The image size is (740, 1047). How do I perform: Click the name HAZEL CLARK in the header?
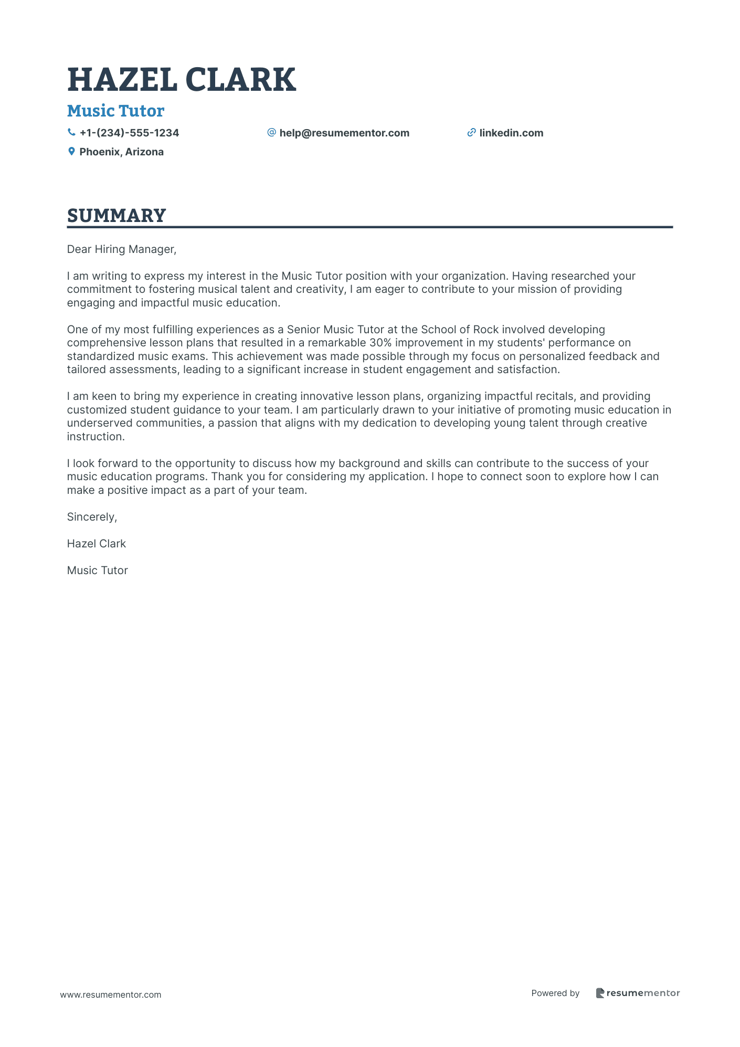[x=182, y=80]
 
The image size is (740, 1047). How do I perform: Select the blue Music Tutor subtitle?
[x=115, y=111]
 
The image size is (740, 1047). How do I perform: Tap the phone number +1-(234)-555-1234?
[x=129, y=133]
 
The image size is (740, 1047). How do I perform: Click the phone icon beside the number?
[x=71, y=133]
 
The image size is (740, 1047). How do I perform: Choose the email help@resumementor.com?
[x=344, y=133]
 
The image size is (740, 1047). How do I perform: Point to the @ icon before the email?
[x=271, y=132]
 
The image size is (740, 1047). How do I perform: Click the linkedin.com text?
[x=511, y=133]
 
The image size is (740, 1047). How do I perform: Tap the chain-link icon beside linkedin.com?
[x=471, y=133]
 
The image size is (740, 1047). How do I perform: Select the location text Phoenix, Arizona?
[x=121, y=152]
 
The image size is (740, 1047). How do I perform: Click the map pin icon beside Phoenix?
[x=71, y=152]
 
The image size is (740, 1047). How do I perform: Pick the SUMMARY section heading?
[x=117, y=216]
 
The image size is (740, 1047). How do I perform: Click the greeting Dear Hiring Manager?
[x=122, y=249]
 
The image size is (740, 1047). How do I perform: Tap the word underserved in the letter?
[x=100, y=423]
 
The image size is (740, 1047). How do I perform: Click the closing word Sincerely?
[x=92, y=517]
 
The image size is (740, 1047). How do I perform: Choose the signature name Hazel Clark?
[x=97, y=544]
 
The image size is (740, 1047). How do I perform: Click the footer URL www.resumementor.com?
[x=111, y=995]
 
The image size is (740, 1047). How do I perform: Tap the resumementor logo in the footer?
[x=638, y=993]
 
